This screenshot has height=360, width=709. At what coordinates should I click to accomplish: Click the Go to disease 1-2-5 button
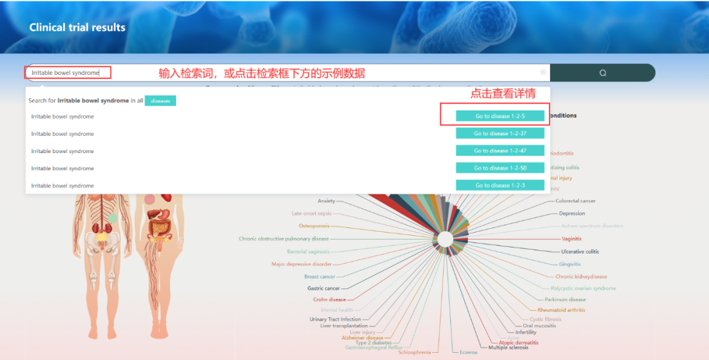click(500, 116)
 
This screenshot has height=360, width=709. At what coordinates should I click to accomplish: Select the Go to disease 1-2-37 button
click(500, 133)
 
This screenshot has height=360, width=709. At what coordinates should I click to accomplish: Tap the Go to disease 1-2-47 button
click(500, 150)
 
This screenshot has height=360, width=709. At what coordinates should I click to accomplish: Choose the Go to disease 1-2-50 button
click(500, 168)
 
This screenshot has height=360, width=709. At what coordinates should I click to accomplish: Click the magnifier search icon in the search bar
click(603, 73)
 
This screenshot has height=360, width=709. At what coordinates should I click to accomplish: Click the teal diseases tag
click(160, 101)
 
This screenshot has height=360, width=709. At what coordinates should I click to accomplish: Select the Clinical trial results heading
click(77, 28)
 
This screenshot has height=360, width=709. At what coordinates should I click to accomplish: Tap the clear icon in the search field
click(544, 72)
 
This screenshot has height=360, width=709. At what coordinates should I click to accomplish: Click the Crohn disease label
click(330, 300)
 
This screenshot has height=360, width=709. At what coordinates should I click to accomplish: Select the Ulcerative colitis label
click(580, 252)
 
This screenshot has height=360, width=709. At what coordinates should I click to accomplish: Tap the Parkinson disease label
click(565, 300)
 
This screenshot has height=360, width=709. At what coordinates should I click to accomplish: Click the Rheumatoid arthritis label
click(561, 310)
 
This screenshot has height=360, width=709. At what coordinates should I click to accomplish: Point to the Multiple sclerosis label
click(508, 348)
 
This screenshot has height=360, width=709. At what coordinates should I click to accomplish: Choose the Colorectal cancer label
click(576, 201)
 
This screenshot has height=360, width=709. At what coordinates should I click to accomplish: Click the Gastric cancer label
click(324, 288)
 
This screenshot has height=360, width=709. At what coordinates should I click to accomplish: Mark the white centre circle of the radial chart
click(445, 238)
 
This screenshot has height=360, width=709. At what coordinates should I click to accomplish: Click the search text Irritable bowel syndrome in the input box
click(65, 73)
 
